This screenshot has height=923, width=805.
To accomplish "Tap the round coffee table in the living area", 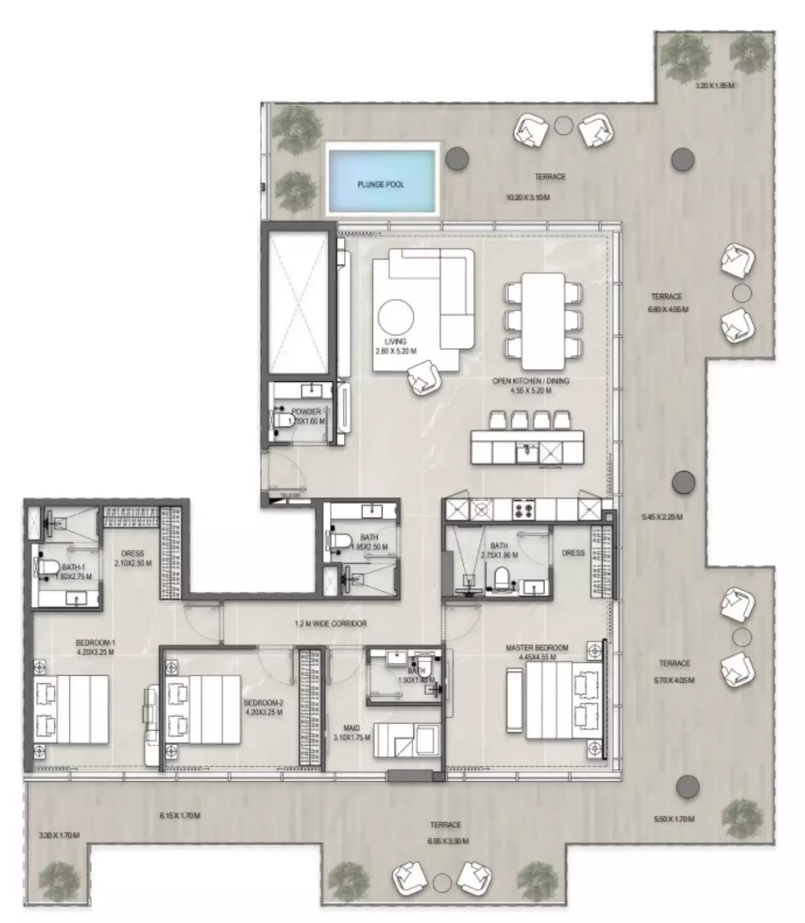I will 396,317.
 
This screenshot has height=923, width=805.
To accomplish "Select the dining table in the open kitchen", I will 542,321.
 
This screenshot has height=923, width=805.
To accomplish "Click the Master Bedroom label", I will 536,647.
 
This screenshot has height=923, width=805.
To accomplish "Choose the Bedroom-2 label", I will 263,703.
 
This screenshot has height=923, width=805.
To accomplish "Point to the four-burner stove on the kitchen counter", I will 521,510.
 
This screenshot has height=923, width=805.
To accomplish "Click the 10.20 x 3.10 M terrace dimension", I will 527,197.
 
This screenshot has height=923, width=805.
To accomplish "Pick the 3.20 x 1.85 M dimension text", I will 714,86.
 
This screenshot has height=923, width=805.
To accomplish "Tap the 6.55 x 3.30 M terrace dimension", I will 445,841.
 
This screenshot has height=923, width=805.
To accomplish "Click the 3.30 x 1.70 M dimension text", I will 59,836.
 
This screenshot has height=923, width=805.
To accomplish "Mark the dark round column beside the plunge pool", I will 457,158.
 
